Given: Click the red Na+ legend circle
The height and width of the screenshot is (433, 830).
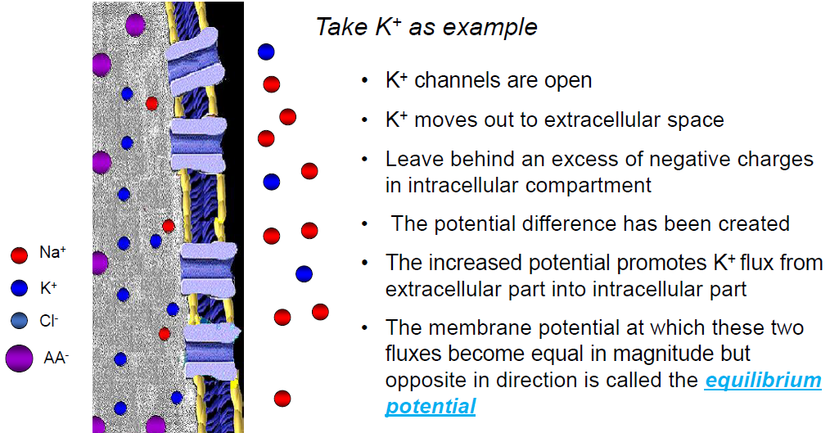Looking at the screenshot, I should pos(19,255).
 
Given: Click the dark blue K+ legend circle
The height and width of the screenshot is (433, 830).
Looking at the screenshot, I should pos(19,288).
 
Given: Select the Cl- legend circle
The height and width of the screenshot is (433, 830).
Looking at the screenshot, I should pos(19,321).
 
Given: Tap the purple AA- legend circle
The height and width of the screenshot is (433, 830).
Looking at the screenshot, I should pos(19,358).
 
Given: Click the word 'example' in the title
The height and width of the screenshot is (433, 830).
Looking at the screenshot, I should pos(497,27).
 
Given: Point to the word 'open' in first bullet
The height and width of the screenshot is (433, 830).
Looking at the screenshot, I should pos(569,81).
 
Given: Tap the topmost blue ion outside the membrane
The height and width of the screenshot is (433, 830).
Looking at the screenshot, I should pos(266,52).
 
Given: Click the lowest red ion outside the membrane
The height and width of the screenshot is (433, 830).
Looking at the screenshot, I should pos(282,399).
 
